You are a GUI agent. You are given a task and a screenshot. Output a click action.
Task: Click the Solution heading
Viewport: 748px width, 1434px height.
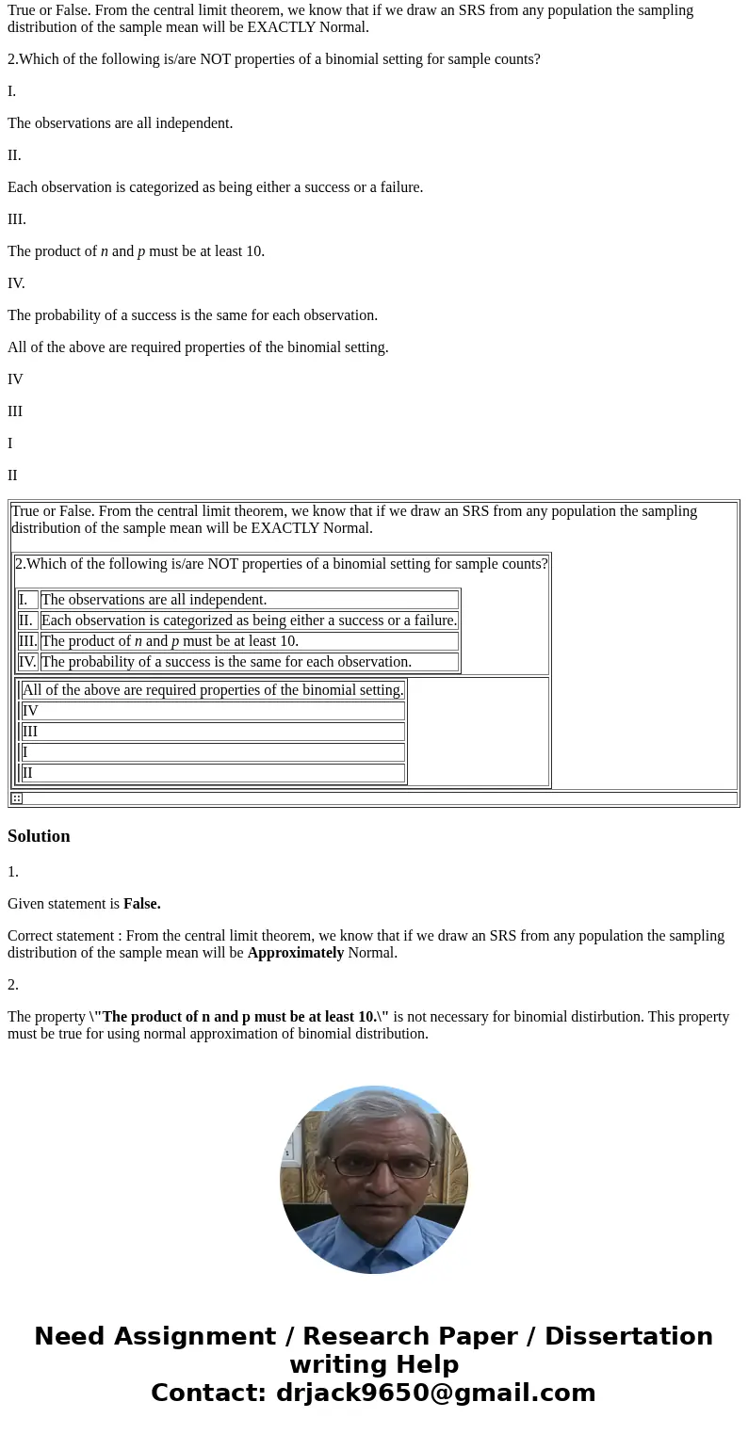[x=39, y=836]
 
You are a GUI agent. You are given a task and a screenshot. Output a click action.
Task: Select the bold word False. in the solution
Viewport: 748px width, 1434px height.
[x=141, y=904]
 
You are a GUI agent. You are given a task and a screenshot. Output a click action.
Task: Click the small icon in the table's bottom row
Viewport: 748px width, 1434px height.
[x=17, y=798]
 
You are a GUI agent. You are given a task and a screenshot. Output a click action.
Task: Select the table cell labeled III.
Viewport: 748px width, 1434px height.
[x=27, y=641]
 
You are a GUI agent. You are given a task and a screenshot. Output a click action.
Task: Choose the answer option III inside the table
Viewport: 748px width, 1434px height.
[x=30, y=732]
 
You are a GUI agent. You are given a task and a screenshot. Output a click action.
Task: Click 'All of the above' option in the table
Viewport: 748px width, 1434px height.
[x=213, y=690]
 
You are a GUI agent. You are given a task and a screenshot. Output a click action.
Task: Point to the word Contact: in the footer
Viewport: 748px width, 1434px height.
[x=208, y=1393]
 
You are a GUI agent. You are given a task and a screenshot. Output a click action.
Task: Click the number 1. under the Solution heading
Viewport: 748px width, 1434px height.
[x=13, y=872]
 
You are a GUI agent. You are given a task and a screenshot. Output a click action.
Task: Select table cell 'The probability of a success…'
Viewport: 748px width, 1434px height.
[x=226, y=662]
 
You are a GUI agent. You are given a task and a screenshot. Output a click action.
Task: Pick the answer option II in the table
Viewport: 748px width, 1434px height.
[x=27, y=773]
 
